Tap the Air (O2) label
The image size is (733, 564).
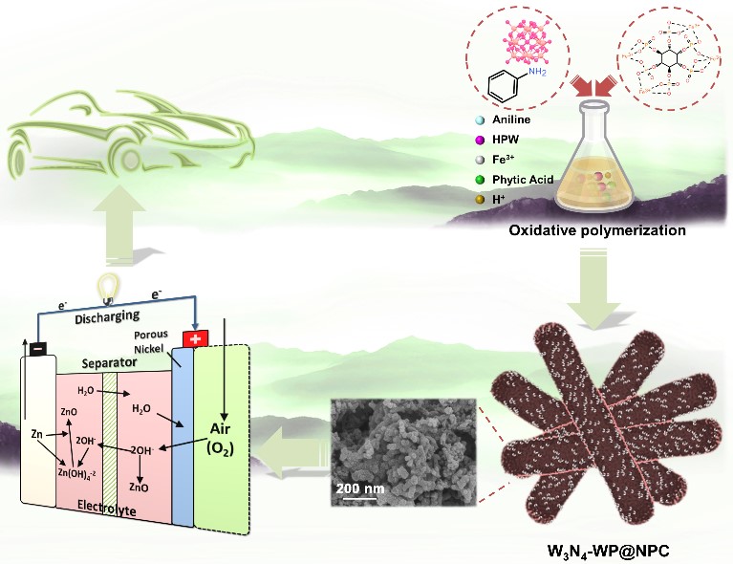pyautogui.click(x=225, y=443)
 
